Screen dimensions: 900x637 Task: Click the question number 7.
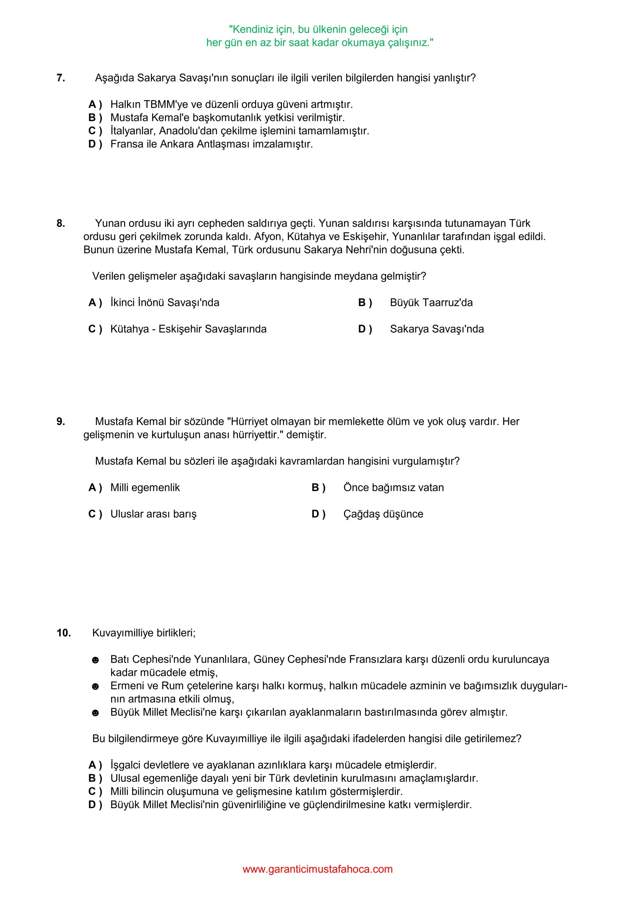click(61, 78)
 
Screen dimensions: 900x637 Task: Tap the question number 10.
click(64, 633)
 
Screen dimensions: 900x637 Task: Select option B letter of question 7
click(95, 118)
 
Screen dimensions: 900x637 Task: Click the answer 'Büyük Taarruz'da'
click(431, 303)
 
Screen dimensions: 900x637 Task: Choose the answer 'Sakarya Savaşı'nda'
click(437, 329)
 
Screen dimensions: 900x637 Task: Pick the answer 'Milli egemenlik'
click(145, 488)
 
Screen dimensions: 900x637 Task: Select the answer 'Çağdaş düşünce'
click(383, 514)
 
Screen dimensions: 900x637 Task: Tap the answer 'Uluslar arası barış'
click(153, 514)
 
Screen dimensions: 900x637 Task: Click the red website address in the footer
click(318, 869)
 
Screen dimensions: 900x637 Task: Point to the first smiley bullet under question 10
click(95, 660)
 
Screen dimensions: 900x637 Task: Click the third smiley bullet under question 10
click(95, 713)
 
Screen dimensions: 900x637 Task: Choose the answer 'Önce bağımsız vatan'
click(393, 488)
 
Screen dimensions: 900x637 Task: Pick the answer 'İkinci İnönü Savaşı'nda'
click(165, 303)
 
